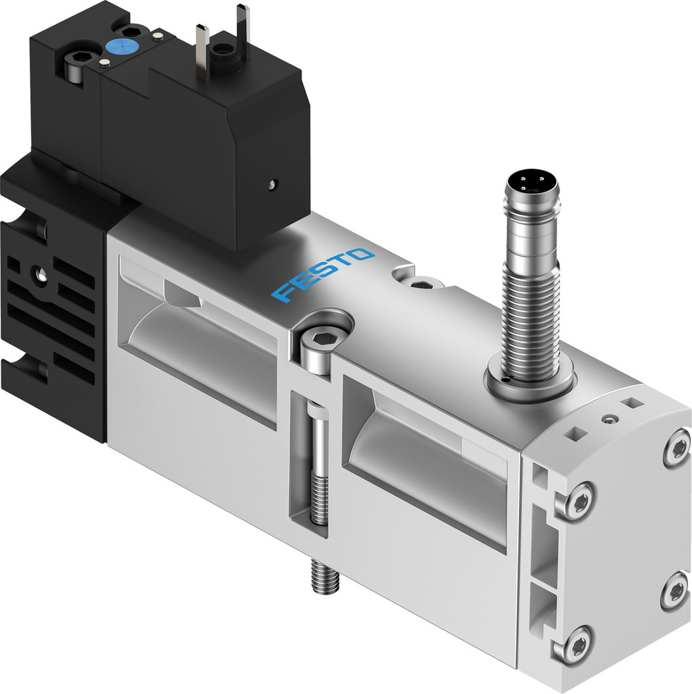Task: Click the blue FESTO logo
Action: (323, 275)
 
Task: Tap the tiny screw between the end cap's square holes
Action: (610, 418)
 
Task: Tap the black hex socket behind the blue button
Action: (129, 29)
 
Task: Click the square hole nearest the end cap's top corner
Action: (630, 402)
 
